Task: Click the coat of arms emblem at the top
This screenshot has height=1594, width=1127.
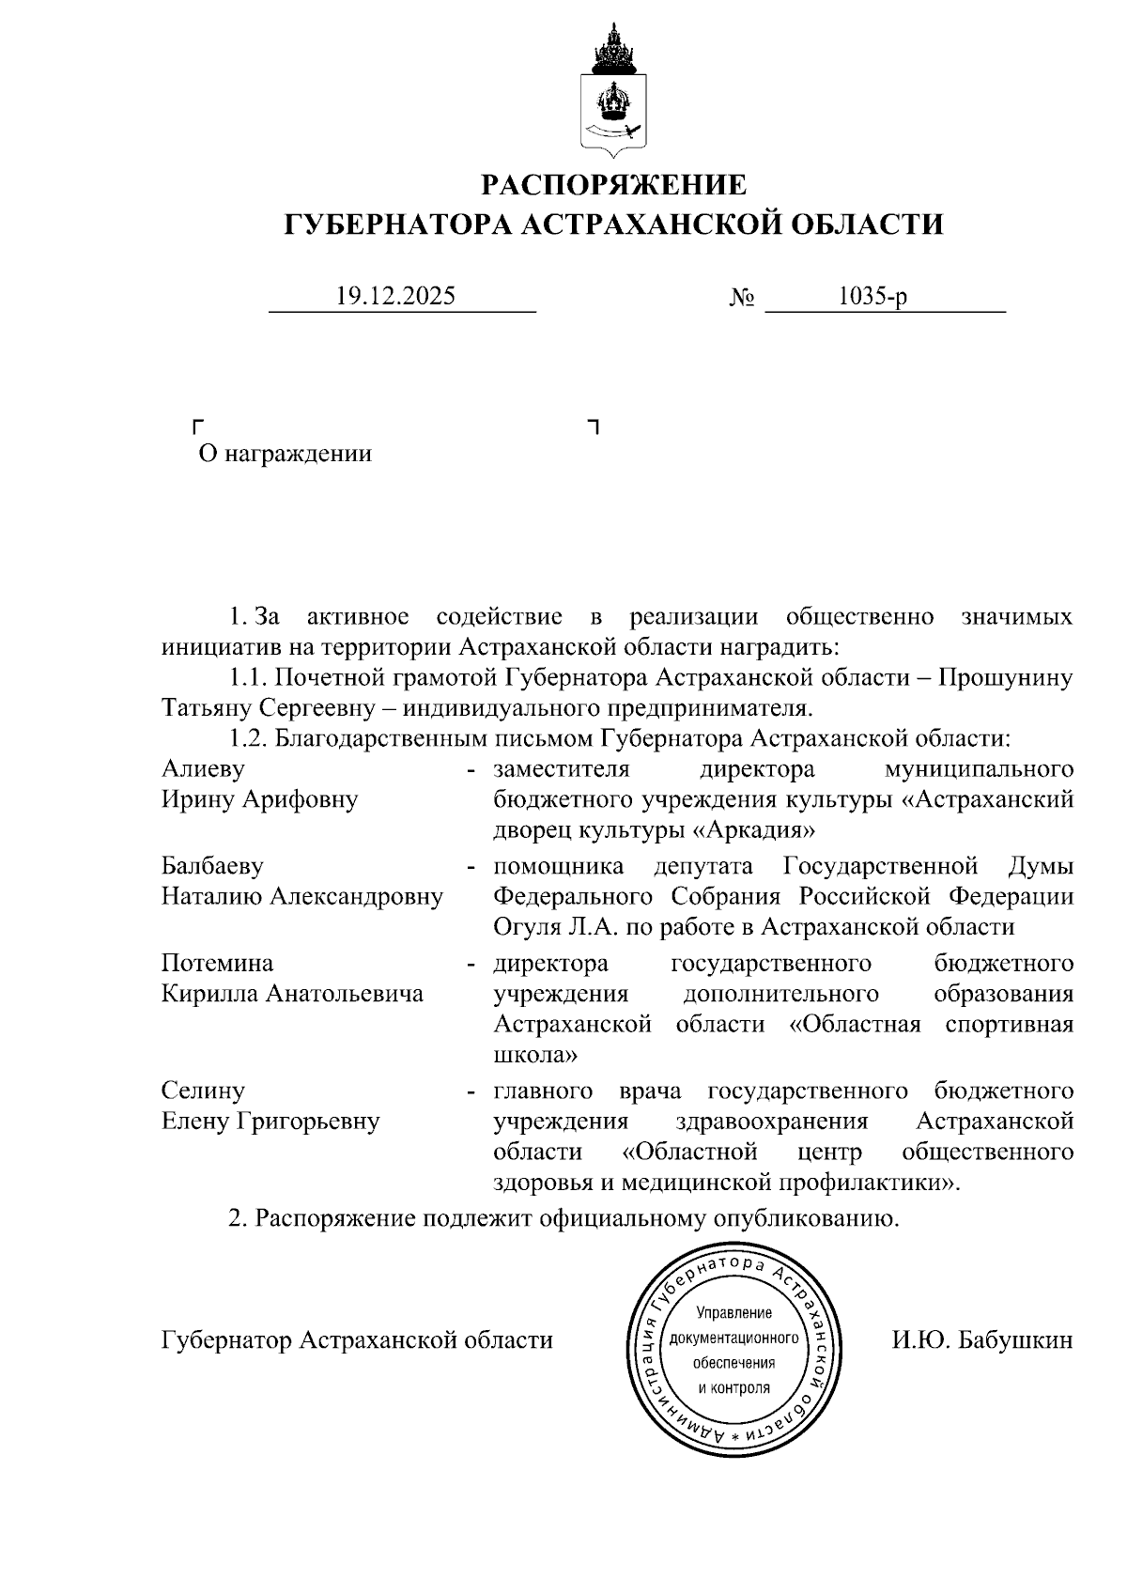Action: (614, 91)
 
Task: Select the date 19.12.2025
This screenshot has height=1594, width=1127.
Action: (395, 297)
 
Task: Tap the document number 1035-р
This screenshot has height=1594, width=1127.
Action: (872, 297)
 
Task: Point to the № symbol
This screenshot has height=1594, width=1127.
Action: (742, 299)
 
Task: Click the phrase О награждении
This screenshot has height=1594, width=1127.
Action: (286, 455)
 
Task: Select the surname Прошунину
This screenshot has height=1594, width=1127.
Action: (1006, 677)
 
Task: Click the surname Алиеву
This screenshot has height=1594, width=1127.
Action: (203, 769)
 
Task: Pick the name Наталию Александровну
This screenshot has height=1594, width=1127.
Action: (301, 897)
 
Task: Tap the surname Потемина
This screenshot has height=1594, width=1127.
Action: (218, 964)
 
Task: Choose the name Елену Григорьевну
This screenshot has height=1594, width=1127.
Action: (270, 1122)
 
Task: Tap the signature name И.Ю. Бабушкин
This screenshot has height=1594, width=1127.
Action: (981, 1340)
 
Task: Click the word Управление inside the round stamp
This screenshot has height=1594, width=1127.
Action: (733, 1313)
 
